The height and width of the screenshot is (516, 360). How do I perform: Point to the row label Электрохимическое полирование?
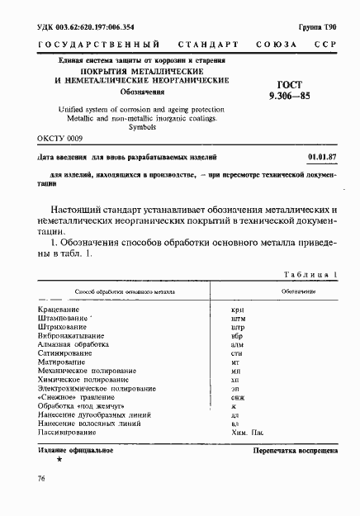(x=97, y=388)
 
